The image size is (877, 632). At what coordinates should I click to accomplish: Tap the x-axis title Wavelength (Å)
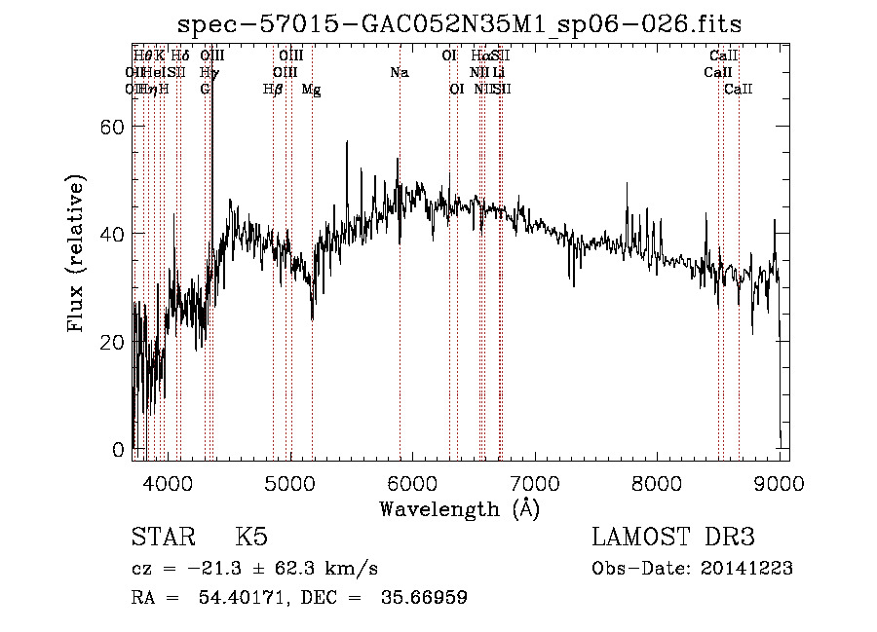[459, 508]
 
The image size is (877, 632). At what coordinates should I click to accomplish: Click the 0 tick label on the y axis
[119, 450]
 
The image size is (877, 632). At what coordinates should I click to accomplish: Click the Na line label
[399, 73]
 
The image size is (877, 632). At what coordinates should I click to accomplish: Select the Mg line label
[311, 90]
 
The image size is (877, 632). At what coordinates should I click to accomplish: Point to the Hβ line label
[273, 90]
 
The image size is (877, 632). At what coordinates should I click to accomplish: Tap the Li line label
[498, 73]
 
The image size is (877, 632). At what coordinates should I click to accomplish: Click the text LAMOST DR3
[671, 539]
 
